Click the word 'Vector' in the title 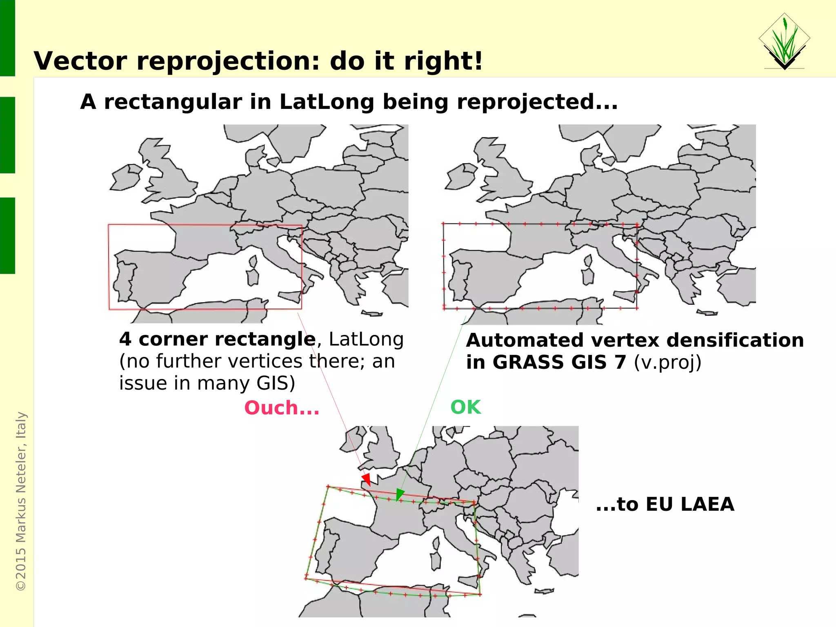point(80,61)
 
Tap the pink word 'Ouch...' point(282,408)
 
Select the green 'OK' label point(465,407)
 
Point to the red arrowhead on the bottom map point(366,479)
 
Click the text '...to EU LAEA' point(665,504)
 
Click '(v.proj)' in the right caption point(667,362)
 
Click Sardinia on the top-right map point(588,277)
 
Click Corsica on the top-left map point(253,261)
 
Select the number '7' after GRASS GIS point(620,362)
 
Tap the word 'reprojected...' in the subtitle point(537,102)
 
